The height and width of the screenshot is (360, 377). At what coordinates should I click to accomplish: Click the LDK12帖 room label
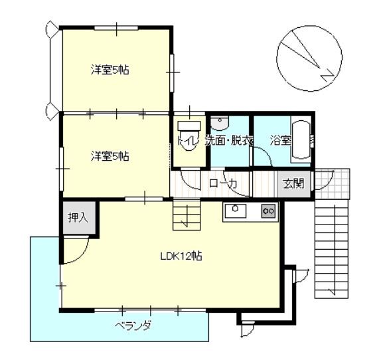tap(181, 256)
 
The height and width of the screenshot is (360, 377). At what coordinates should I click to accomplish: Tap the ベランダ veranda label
tap(133, 326)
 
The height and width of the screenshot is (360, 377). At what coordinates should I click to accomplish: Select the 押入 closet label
tap(78, 218)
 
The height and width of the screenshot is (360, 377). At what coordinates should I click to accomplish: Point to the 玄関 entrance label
tap(294, 183)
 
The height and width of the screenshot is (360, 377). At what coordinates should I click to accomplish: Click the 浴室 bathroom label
tap(281, 140)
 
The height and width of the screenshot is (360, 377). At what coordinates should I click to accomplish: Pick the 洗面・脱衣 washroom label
tap(229, 141)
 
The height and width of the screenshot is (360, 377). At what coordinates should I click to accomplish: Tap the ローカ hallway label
tap(223, 183)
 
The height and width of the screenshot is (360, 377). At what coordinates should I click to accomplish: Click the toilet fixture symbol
tap(189, 136)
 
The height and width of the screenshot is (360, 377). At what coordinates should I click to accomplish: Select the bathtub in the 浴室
tap(301, 139)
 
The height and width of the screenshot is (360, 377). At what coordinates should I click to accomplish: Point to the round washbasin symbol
tap(220, 123)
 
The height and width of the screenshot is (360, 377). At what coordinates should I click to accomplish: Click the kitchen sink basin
tap(235, 211)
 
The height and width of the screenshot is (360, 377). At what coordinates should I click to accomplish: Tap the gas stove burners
tap(269, 211)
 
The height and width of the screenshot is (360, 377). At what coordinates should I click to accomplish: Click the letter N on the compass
tap(327, 75)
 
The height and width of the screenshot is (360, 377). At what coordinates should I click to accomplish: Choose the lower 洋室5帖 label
tap(110, 156)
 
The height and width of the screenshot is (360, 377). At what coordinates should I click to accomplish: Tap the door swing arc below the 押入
tap(80, 256)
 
